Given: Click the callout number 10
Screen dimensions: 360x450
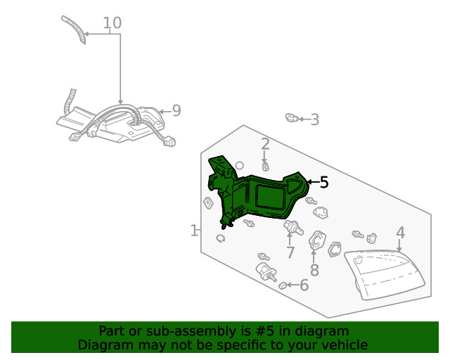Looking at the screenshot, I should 112,23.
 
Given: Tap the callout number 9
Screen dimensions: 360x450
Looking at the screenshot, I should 176,110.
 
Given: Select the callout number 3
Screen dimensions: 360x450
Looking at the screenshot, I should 314,120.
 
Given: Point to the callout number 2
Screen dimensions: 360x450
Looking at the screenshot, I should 265,145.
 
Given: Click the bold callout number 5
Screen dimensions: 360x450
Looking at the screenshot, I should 323,183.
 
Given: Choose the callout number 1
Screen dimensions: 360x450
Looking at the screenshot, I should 194,231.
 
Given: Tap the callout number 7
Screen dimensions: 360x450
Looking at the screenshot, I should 290,252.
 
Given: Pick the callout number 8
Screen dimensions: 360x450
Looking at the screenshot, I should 314,270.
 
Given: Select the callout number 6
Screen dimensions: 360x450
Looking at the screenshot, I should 304,285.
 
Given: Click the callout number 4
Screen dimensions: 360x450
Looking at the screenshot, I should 400,233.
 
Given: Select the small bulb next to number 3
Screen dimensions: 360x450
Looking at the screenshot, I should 291,117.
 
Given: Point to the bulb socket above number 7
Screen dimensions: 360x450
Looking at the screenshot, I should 292,227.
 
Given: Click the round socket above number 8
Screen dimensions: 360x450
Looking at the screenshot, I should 316,240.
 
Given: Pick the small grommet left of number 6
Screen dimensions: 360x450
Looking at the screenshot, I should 284,286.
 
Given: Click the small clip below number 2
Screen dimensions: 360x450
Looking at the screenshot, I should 266,167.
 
